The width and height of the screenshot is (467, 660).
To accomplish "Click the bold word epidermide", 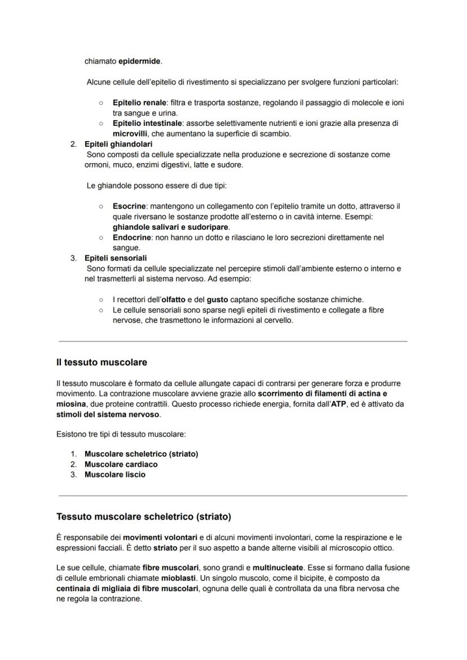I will click(139, 61).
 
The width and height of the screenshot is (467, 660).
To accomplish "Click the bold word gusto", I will click(217, 300).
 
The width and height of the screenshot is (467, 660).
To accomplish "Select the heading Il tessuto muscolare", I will click(102, 362).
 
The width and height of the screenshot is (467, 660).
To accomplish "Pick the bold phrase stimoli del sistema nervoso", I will click(108, 414).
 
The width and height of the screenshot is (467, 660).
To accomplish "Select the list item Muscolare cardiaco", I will click(121, 464).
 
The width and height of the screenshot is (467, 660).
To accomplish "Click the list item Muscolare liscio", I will click(114, 474).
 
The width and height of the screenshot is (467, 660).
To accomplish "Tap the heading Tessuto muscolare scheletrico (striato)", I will click(144, 517).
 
